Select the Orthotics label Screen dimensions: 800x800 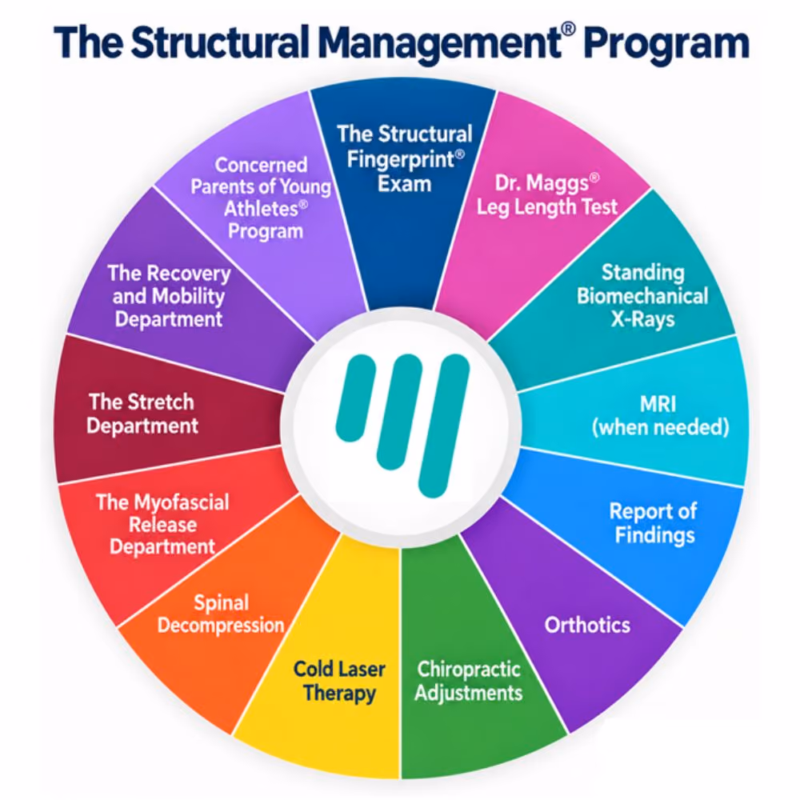(587, 625)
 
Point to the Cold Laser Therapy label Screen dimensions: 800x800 (339, 681)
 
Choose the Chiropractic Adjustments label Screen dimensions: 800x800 (468, 681)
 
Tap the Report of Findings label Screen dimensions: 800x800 (654, 523)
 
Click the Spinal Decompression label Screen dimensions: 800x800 (221, 614)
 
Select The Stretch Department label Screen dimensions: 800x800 (142, 414)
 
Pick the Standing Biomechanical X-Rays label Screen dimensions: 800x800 (642, 296)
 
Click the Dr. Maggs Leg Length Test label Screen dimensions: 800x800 (547, 195)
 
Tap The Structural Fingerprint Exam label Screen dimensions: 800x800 (405, 158)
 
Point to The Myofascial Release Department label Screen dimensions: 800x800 (162, 525)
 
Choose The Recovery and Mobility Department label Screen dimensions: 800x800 (168, 296)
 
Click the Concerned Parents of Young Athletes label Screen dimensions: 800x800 (262, 198)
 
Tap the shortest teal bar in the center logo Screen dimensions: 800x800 (356, 398)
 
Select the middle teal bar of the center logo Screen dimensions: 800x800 (399, 412)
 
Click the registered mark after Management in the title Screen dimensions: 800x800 (568, 30)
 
